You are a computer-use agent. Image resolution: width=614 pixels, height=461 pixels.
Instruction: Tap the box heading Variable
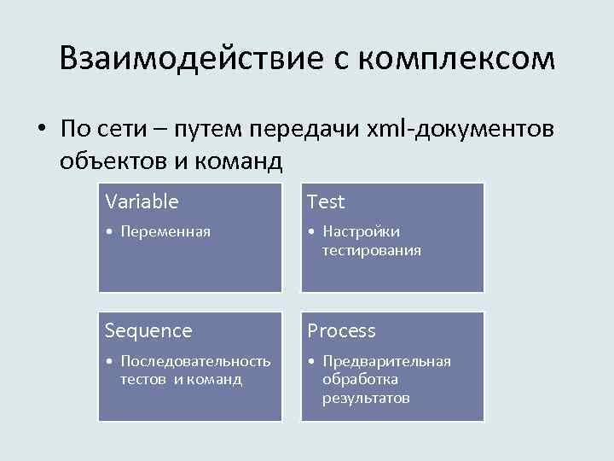pos(142,201)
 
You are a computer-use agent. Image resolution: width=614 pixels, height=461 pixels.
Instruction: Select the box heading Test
pos(326,201)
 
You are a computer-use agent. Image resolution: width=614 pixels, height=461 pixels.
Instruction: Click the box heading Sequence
pos(148,330)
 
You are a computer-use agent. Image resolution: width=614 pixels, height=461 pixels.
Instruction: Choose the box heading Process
pos(341,330)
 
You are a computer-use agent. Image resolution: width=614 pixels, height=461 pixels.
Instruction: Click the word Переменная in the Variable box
pos(165,231)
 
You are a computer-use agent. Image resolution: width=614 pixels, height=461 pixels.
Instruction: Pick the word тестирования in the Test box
pos(371,250)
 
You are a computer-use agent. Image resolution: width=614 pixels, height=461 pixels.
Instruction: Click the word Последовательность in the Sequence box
pos(195,361)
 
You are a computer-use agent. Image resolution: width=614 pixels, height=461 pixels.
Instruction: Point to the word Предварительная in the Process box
pos(386,361)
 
